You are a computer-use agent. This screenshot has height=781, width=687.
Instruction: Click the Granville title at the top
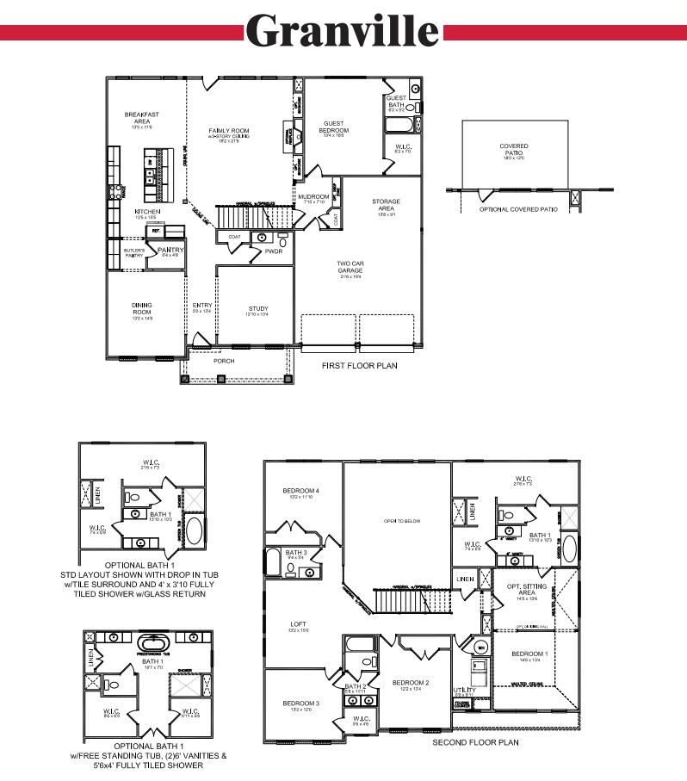click(x=343, y=31)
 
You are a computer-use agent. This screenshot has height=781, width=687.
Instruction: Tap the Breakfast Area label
click(x=141, y=117)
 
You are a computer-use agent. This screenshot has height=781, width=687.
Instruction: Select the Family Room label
click(x=229, y=132)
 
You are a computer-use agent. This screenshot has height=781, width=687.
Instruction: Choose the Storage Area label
click(x=386, y=205)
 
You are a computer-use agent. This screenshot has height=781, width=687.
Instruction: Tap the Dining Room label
click(x=142, y=307)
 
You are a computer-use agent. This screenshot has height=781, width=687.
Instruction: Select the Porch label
click(x=224, y=361)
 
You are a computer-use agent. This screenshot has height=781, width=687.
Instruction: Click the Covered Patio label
click(x=514, y=149)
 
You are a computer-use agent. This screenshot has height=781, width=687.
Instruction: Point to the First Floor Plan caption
click(x=359, y=366)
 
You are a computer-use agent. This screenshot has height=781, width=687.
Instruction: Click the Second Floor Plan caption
click(x=475, y=741)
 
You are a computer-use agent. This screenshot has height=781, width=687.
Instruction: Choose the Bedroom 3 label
click(x=300, y=704)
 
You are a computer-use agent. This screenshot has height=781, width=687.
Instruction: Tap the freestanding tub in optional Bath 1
click(x=156, y=643)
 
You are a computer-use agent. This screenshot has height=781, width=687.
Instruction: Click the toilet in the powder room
click(x=282, y=242)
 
